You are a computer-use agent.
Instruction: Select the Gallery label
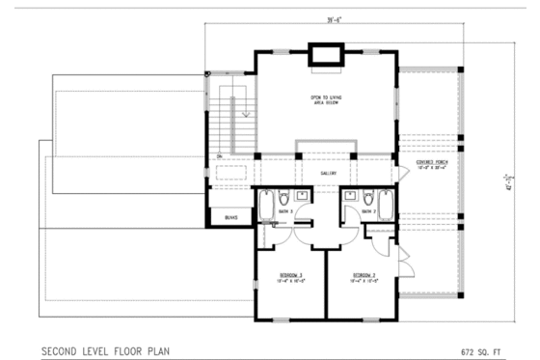click(327, 173)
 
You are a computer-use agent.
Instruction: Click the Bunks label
click(230, 219)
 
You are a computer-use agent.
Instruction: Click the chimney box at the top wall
click(322, 56)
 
